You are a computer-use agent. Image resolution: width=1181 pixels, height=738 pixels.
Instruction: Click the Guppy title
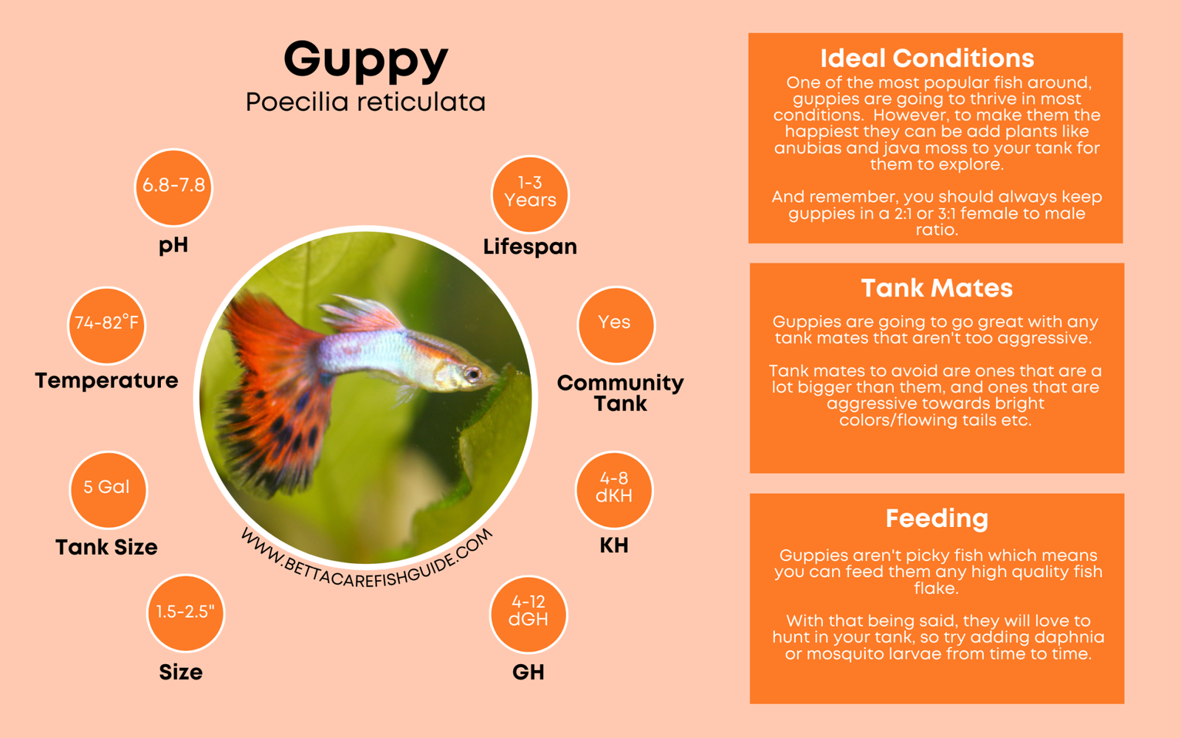point(366,61)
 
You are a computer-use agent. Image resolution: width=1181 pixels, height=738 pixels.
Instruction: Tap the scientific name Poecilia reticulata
point(365,102)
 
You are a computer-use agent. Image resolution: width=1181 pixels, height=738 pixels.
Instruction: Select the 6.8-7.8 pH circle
point(173,187)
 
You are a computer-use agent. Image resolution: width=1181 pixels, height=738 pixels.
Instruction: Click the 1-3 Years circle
point(530,194)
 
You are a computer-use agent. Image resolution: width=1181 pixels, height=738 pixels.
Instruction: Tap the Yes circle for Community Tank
point(616,325)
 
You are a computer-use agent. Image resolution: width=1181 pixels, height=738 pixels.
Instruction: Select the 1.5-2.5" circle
point(185,613)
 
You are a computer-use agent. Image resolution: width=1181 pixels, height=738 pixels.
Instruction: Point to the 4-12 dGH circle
point(528,614)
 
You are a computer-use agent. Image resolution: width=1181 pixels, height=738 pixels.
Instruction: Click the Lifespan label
point(530,246)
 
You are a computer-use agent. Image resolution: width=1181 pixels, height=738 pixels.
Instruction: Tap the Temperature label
point(106,381)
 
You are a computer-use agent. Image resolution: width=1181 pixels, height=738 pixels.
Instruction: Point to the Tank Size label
point(106,547)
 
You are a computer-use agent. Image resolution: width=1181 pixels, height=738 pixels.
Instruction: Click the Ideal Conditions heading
point(927,58)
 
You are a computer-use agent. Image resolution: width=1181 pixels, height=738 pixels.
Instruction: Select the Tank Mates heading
point(937,289)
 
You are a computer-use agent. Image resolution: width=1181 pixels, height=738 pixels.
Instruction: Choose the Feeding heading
point(937,519)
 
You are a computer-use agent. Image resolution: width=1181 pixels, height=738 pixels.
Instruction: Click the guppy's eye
point(472,373)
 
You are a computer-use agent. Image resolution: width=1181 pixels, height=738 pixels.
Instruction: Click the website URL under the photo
point(367,559)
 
